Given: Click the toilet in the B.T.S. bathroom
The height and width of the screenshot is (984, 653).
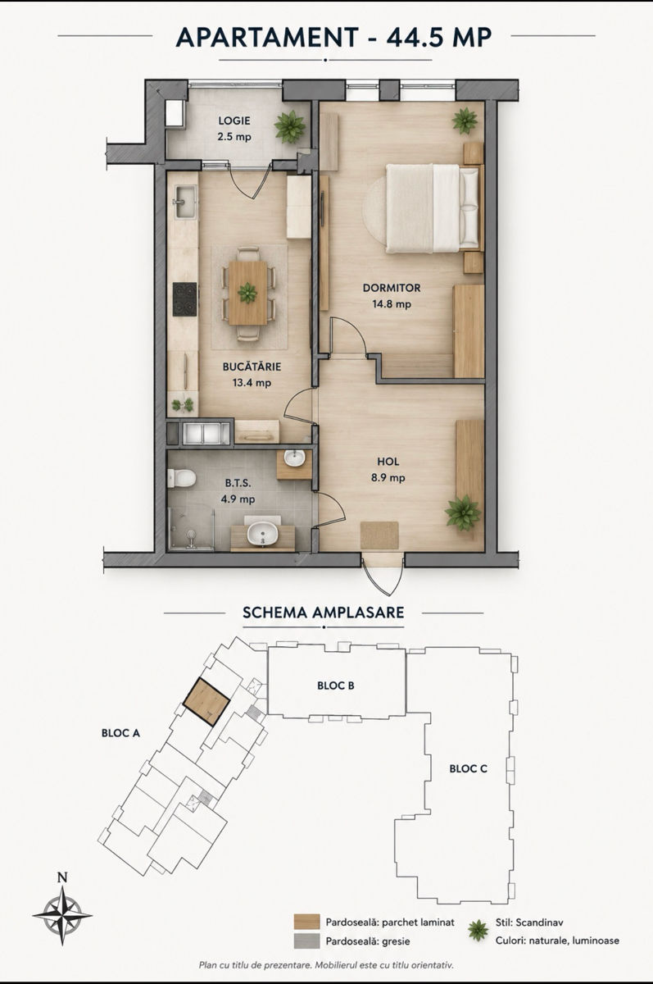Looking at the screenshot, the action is point(182,478).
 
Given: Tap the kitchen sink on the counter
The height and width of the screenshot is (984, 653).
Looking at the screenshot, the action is point(186,201).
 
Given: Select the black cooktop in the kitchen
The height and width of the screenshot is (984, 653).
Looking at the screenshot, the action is point(184,298).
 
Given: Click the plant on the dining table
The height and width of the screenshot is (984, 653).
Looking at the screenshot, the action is point(247,293).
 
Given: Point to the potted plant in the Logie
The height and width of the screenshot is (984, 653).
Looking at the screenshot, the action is point(290,126).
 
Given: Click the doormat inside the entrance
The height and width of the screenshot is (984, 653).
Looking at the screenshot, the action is point(379,535).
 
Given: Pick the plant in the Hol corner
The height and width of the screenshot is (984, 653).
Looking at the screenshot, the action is point(463,512).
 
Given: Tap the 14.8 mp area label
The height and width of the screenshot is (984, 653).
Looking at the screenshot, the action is point(392,304).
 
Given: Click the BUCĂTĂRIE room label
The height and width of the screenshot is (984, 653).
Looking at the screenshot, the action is point(252,367).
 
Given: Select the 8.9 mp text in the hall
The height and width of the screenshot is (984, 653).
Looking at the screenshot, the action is point(388,477).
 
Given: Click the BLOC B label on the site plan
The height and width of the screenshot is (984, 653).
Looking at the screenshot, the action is point(336,686).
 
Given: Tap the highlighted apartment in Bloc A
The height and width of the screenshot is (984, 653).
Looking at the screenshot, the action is point(206,702).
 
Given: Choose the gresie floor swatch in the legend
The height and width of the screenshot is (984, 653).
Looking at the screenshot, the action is point(306,940).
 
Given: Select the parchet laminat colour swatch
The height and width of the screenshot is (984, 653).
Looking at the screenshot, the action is point(306,922).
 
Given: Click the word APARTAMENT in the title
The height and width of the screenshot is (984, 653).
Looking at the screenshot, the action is point(267,37).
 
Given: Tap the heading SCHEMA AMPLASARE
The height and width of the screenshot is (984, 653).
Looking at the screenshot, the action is point(324,613).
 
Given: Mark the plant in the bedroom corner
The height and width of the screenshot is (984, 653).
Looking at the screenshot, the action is point(465,121).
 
